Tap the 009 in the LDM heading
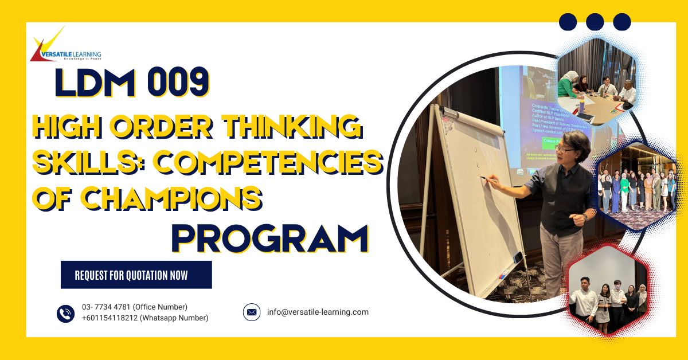[x=178, y=83]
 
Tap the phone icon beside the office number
[x=66, y=313]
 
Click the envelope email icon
[x=251, y=312]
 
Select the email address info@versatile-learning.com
[x=318, y=312]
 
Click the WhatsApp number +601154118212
[x=145, y=318]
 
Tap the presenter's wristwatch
[x=585, y=217]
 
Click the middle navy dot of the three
[x=595, y=22]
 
